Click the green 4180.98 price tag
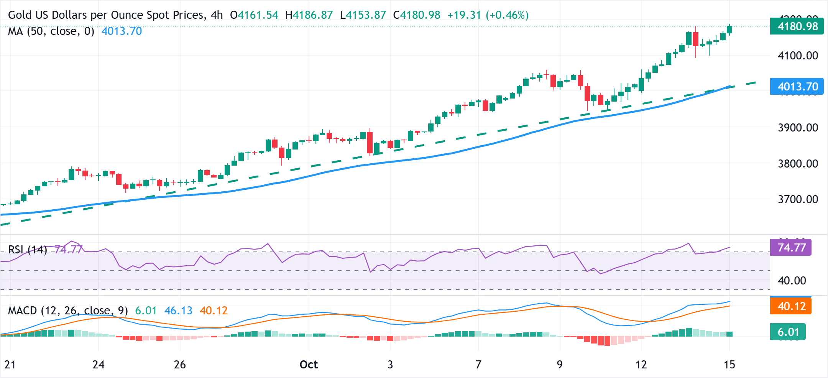pos(797,26)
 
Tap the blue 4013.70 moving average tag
pos(797,87)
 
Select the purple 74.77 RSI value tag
pos(791,247)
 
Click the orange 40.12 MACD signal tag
pos(791,306)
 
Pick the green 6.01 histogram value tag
pos(788,332)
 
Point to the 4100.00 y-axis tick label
pos(798,56)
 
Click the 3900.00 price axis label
pos(798,128)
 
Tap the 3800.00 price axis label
pos(798,164)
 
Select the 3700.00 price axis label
pos(798,199)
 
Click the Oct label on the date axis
pos(309,364)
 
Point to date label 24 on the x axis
pos(99,364)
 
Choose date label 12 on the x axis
pos(641,364)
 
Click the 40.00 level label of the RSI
pos(792,281)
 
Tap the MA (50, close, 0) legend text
pos(51,31)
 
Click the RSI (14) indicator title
pos(28,250)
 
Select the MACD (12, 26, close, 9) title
pos(68,311)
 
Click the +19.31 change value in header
pos(464,15)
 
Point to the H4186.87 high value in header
pos(309,15)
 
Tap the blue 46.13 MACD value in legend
pos(178,311)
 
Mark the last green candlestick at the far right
pos(729,30)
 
